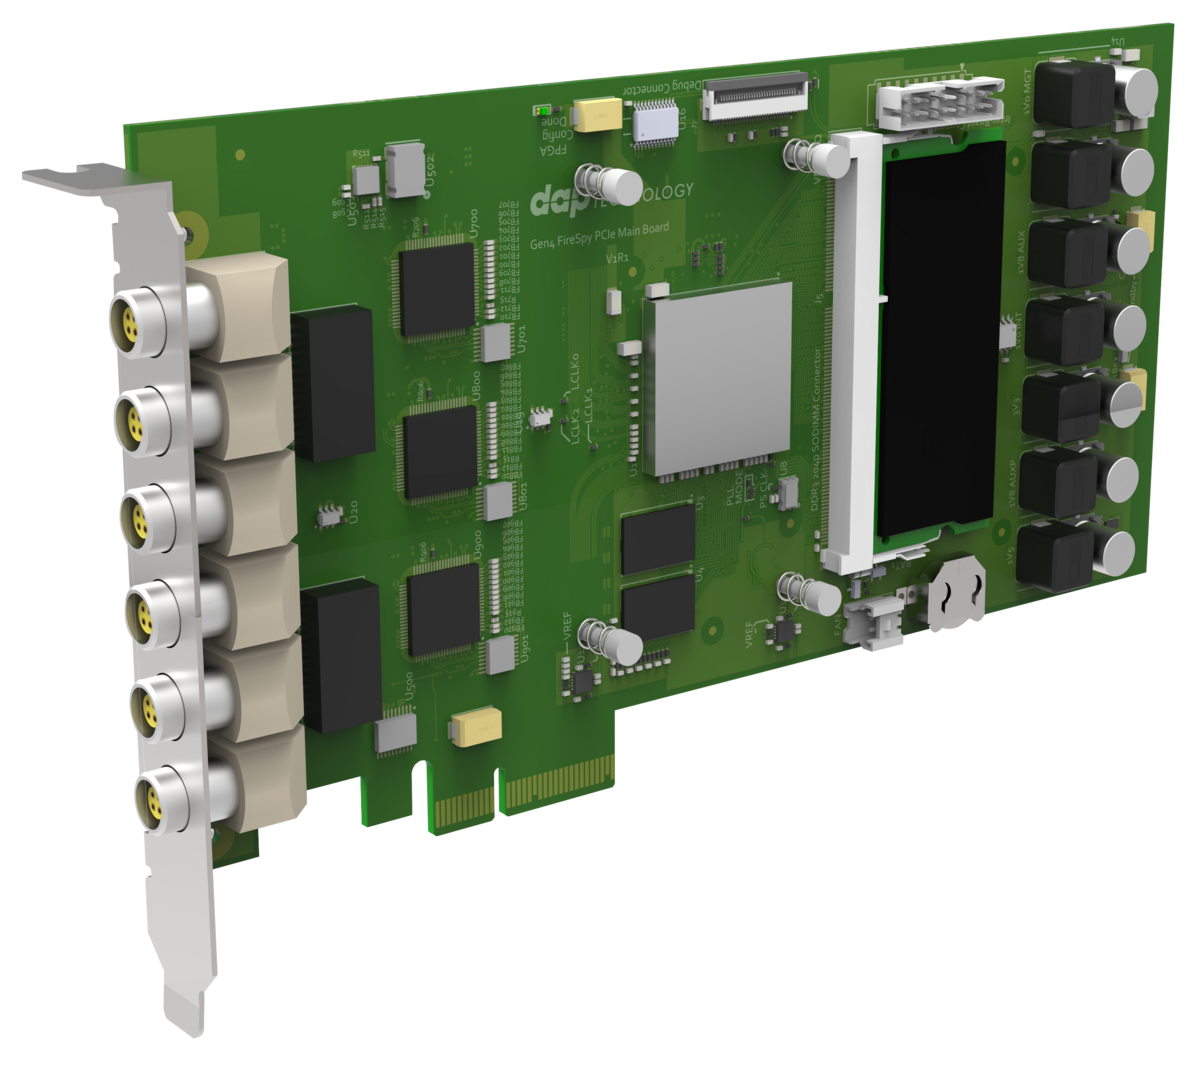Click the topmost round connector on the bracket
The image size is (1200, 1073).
coord(133,320)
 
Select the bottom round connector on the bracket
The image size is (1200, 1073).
coord(157,796)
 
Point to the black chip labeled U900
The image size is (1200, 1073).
coord(444,609)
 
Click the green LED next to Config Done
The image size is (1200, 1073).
coord(541,110)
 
